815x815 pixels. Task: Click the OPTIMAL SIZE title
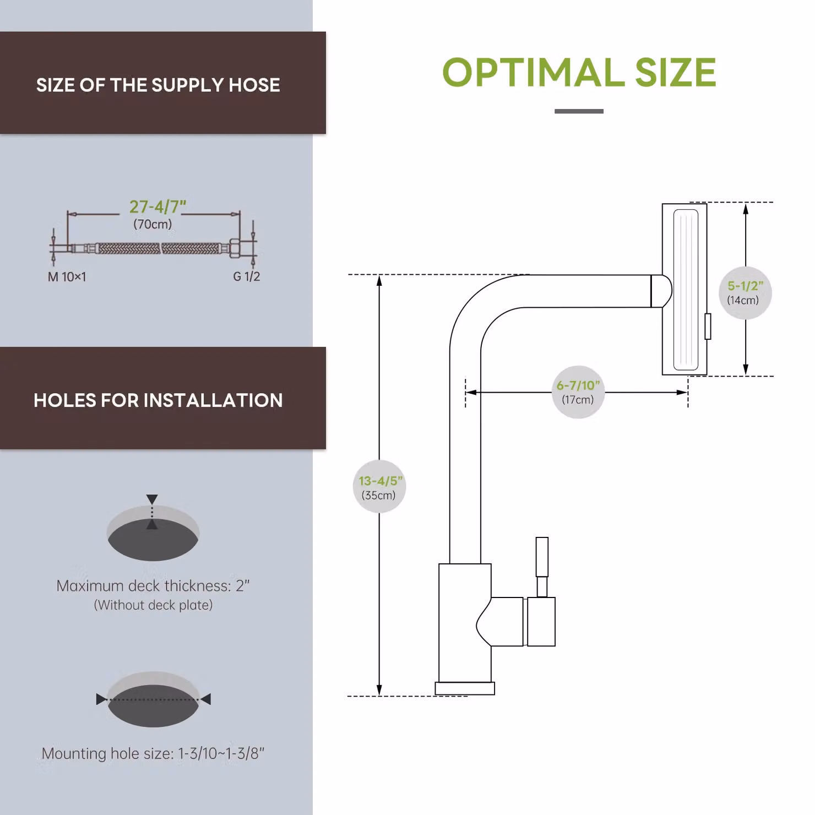[x=579, y=72]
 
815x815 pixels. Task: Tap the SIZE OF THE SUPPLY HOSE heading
[x=158, y=85]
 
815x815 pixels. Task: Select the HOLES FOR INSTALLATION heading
[x=158, y=400]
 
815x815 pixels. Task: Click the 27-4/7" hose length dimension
[x=157, y=207]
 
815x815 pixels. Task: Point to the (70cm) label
[x=153, y=224]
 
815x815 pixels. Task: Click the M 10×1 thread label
[x=67, y=276]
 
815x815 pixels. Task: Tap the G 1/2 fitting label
[x=246, y=276]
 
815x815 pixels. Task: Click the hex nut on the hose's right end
[x=235, y=248]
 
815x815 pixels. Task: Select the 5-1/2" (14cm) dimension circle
[x=745, y=292]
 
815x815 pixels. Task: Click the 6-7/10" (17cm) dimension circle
[x=578, y=392]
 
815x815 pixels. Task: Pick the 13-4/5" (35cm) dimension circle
[x=379, y=487]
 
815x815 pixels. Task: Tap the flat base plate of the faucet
[x=465, y=688]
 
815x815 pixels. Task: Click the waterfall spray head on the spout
[x=684, y=289]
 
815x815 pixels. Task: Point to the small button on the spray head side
[x=708, y=326]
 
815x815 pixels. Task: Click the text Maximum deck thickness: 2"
[x=153, y=585]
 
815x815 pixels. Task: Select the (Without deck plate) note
[x=153, y=605]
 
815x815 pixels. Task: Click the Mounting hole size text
[x=153, y=753]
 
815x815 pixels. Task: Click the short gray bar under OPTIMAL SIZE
[x=579, y=111]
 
